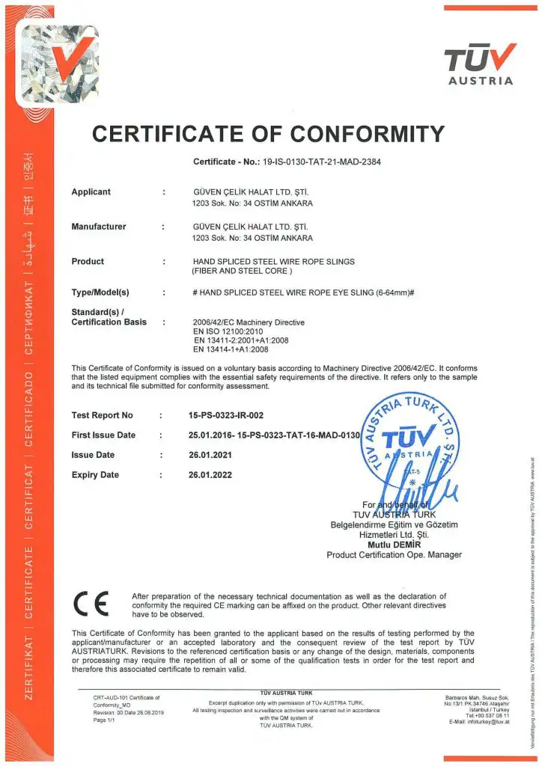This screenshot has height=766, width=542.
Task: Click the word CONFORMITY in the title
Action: (367, 134)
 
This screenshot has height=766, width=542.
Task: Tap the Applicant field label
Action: (91, 191)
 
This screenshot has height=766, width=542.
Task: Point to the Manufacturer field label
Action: (98, 226)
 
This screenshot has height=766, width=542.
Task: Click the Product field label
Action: (88, 261)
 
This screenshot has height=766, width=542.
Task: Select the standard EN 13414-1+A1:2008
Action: (230, 349)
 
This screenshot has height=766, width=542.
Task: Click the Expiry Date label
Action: (95, 474)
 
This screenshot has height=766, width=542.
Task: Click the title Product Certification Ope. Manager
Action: (394, 555)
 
